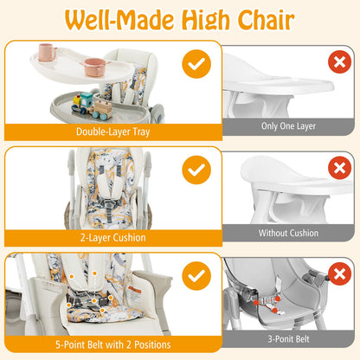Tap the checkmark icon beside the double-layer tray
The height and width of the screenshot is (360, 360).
(x=196, y=65)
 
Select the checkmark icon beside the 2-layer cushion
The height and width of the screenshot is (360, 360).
(x=196, y=168)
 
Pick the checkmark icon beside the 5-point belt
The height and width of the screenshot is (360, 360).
(x=196, y=276)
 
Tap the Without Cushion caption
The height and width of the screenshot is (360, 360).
(x=289, y=233)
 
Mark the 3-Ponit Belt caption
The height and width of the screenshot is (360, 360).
(x=289, y=340)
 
